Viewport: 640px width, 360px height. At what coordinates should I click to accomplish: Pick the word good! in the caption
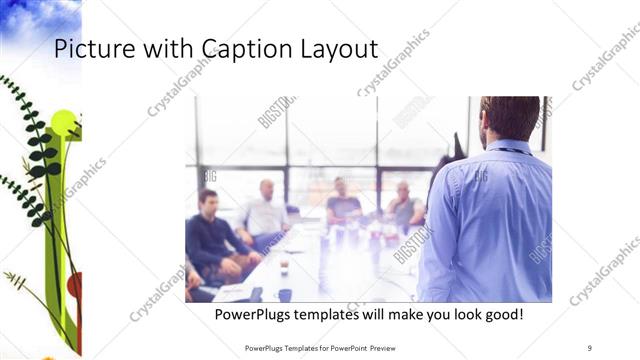(x=503, y=315)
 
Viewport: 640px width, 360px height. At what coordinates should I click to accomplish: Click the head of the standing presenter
(x=511, y=118)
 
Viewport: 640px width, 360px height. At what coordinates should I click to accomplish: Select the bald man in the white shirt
(x=265, y=210)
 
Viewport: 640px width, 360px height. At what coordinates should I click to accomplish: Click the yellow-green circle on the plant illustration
(x=62, y=124)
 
